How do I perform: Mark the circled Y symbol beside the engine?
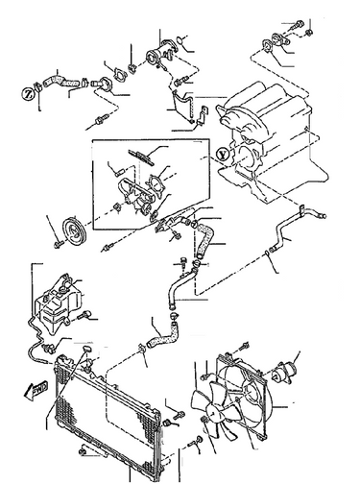pos(223,152)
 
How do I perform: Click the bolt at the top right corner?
pos(303,21)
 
